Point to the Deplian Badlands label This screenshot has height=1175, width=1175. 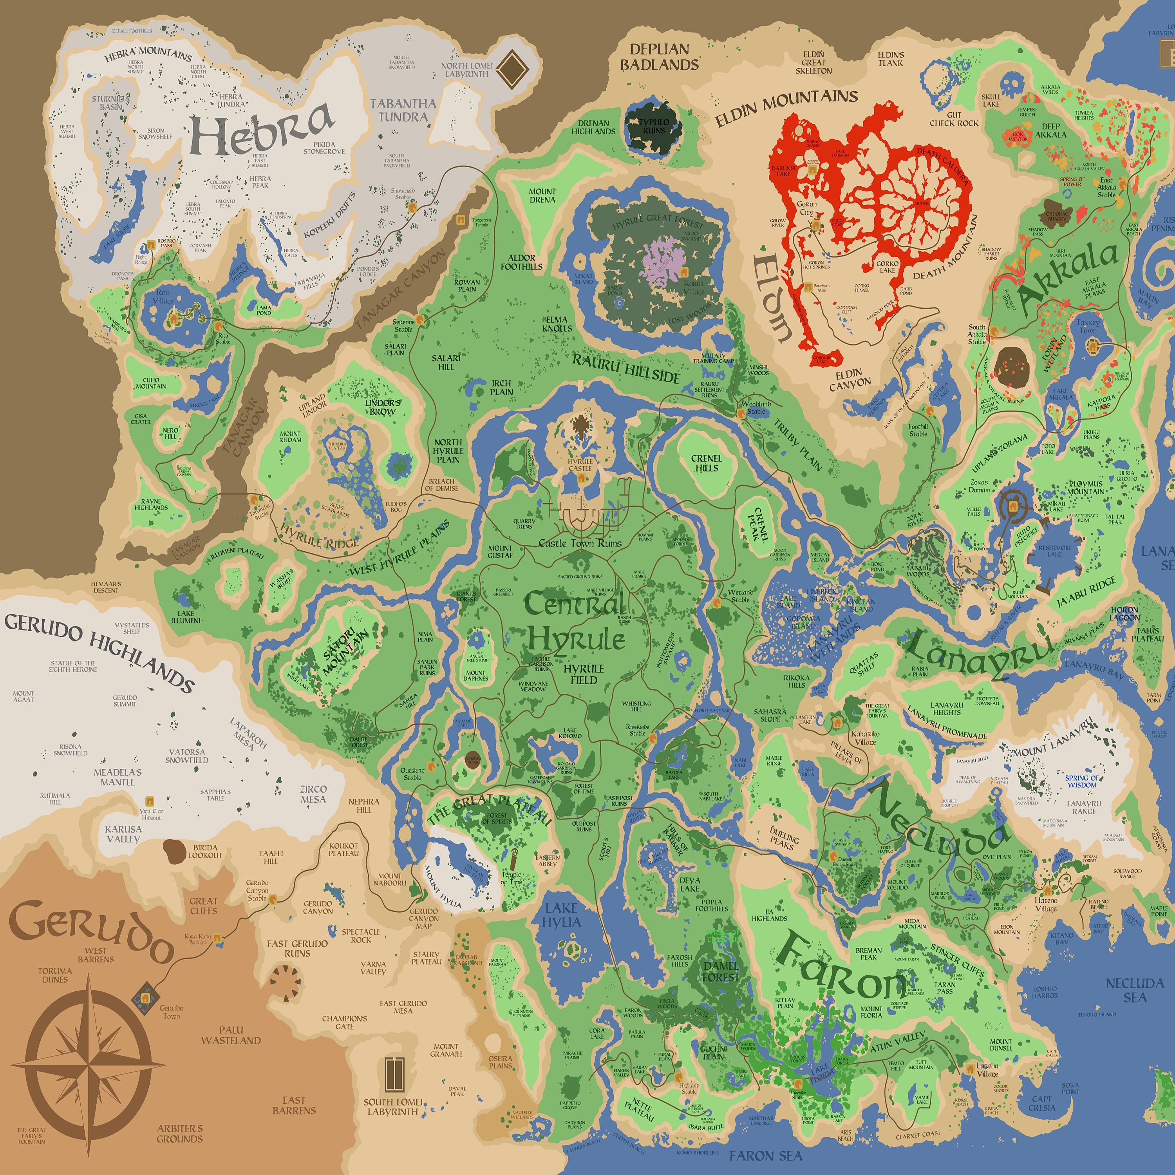click(x=659, y=57)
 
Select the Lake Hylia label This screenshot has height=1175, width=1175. click(x=561, y=915)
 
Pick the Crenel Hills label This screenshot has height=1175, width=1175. click(x=706, y=463)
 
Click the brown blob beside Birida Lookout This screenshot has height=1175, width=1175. click(x=174, y=851)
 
